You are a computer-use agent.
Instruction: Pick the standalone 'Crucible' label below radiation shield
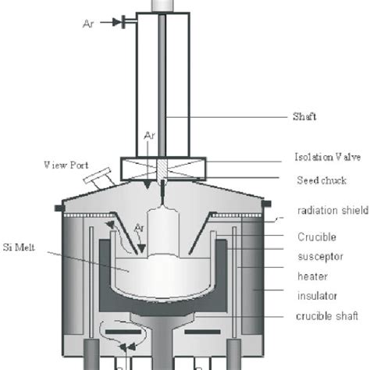click(x=315, y=236)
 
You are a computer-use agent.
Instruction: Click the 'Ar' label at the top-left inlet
click(x=89, y=23)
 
